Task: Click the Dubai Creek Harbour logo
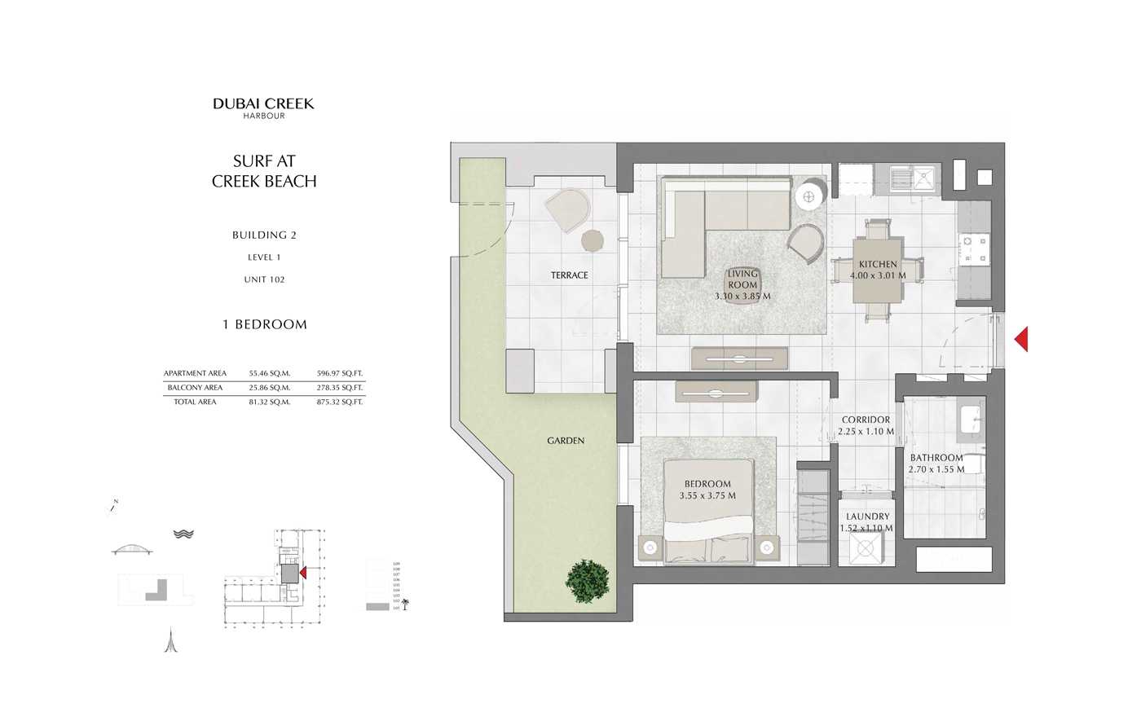(x=263, y=108)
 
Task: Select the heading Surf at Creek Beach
(x=264, y=171)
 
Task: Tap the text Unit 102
(x=264, y=279)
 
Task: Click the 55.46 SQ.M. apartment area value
(x=269, y=373)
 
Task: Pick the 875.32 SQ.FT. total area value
(x=339, y=402)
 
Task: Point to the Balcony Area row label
(x=195, y=388)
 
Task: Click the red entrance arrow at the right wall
(x=1021, y=339)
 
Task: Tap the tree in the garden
(x=588, y=580)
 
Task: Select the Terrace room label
(x=569, y=275)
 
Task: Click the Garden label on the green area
(x=566, y=441)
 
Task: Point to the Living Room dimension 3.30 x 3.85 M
(x=742, y=297)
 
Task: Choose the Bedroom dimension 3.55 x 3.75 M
(x=707, y=495)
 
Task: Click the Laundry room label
(x=867, y=517)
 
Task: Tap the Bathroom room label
(x=936, y=458)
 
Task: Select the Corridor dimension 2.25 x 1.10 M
(x=866, y=432)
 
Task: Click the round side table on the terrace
(x=593, y=240)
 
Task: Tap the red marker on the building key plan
(x=303, y=573)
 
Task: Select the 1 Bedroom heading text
(x=265, y=324)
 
